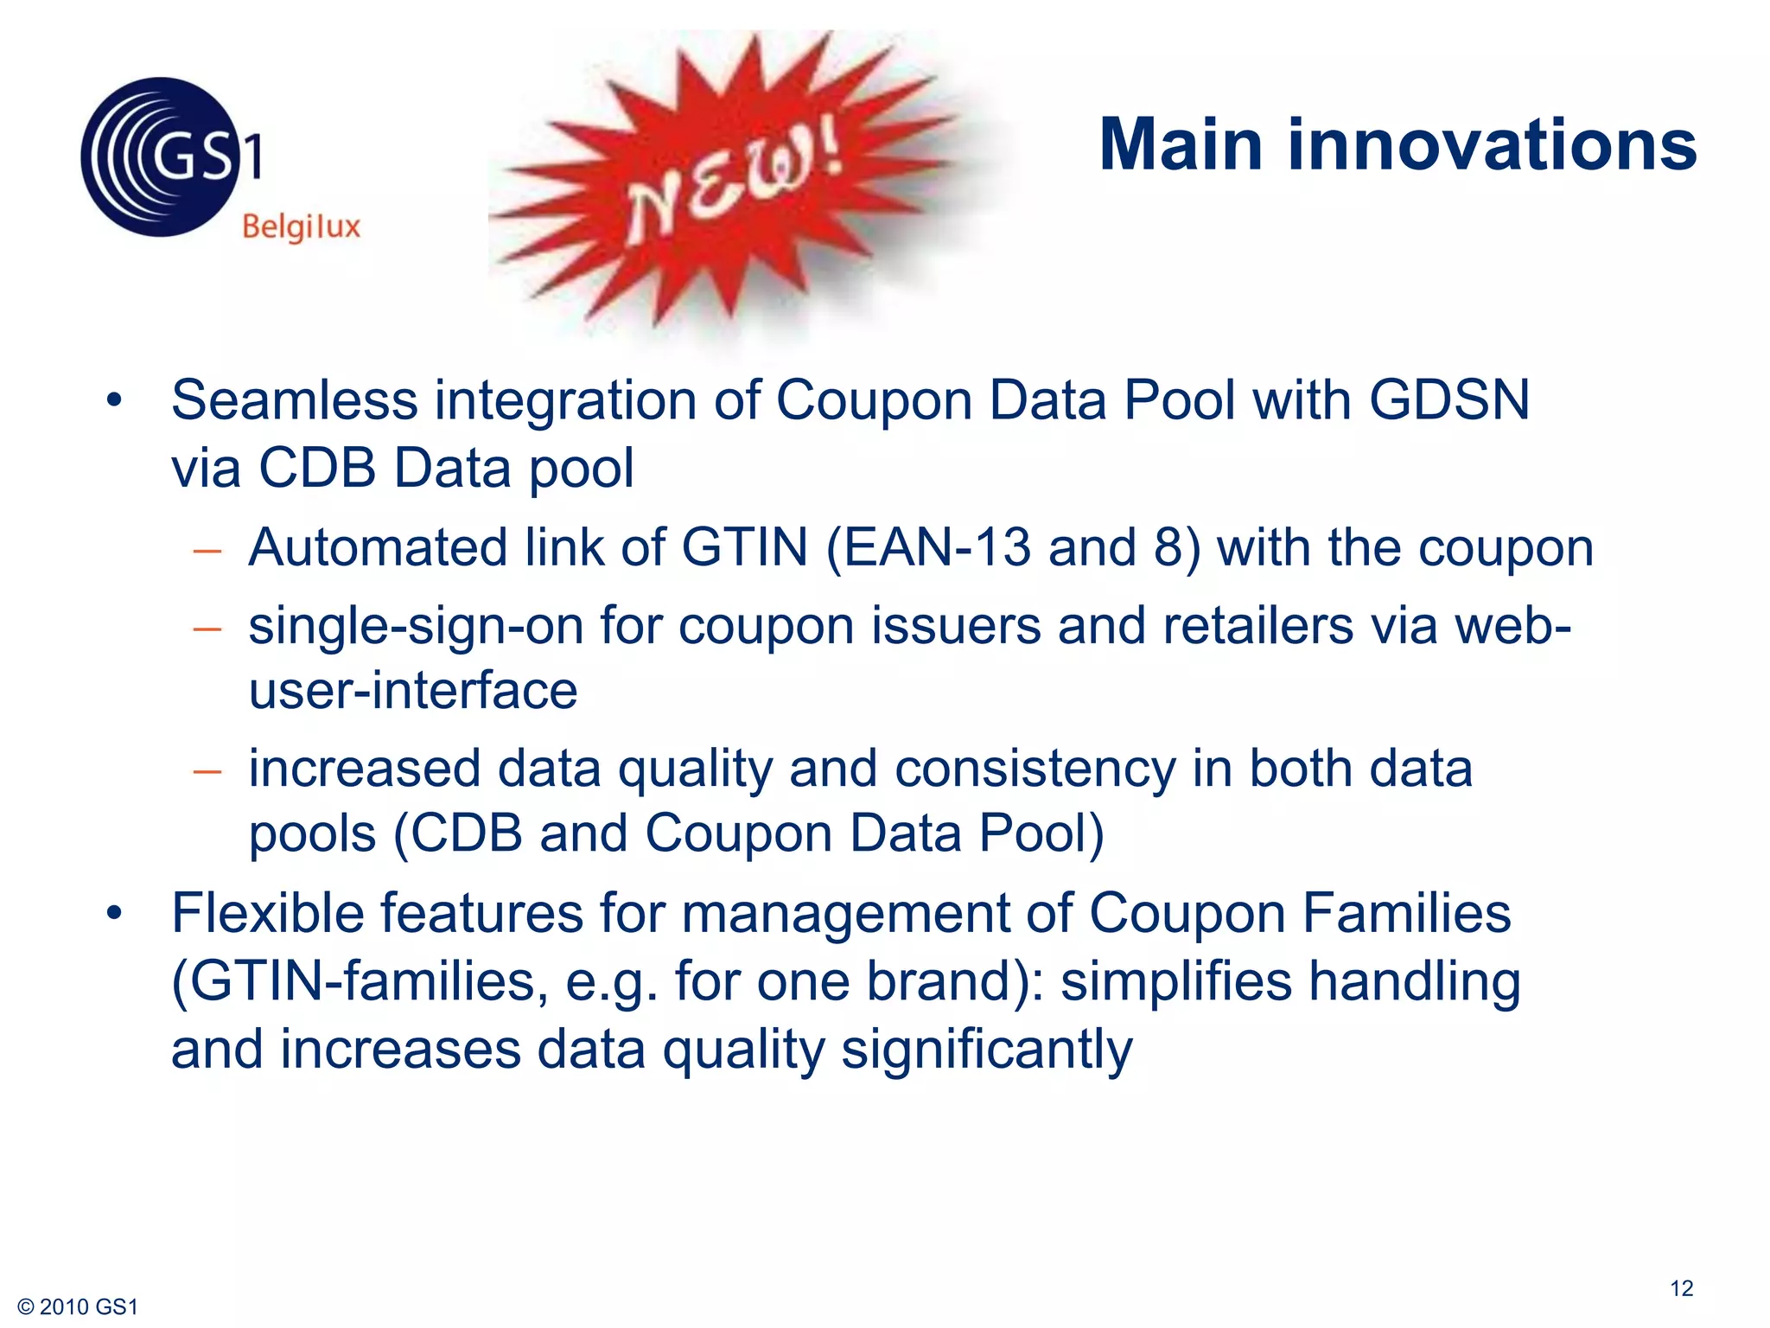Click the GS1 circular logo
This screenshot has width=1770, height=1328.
(161, 156)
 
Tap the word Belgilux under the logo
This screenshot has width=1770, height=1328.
(301, 227)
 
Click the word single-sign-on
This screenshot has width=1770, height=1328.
(416, 625)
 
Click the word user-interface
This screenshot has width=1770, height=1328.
(413, 691)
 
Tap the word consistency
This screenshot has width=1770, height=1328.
(1035, 769)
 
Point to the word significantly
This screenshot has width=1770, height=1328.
(986, 1050)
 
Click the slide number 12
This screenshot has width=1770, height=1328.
(1681, 1288)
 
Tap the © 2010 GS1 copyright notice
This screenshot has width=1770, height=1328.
(78, 1307)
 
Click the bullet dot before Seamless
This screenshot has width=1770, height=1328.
(114, 401)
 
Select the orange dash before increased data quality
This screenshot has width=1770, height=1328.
(207, 770)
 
